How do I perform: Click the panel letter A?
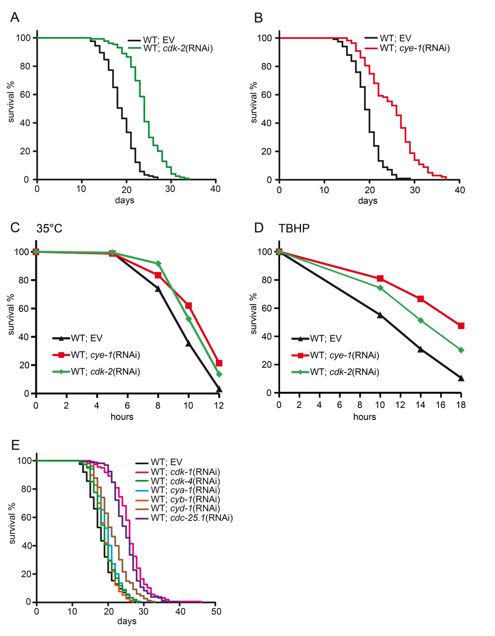[15, 18]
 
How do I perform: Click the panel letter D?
[259, 228]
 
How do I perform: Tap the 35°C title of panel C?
[49, 228]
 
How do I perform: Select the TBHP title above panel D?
[294, 228]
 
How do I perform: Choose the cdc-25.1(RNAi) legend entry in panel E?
[192, 518]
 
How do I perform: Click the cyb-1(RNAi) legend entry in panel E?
[185, 499]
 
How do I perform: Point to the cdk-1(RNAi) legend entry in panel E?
[185, 472]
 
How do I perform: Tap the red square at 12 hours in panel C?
[219, 363]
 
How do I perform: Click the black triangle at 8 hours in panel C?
[158, 289]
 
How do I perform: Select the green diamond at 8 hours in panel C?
[158, 263]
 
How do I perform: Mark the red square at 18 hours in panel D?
[461, 326]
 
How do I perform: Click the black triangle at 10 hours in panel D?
[380, 315]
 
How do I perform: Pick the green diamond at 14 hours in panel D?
[421, 320]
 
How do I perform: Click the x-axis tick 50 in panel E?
[216, 612]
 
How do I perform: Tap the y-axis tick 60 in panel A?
[24, 95]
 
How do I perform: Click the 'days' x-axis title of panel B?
[367, 201]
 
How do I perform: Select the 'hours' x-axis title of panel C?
[122, 417]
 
